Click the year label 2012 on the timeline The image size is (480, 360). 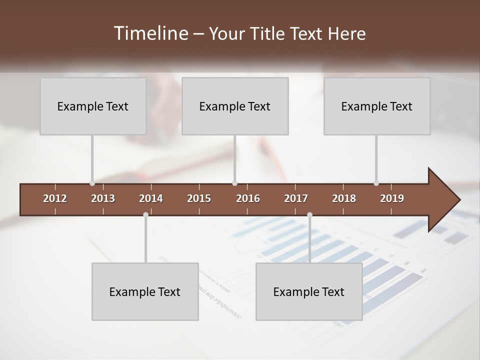tap(55, 198)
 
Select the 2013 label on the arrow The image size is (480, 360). tap(103, 198)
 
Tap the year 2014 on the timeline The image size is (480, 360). tap(151, 198)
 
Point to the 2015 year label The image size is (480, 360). tap(199, 198)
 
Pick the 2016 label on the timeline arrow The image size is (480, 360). tap(248, 198)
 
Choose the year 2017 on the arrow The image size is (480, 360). tap(296, 198)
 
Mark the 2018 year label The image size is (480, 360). tap(344, 198)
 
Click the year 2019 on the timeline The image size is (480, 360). tap(392, 198)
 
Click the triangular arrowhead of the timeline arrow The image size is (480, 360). tap(443, 200)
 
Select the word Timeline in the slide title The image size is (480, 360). tap(149, 33)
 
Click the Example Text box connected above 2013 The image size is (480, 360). tap(93, 106)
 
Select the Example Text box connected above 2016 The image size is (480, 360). tap(235, 106)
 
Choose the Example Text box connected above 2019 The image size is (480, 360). tap(377, 106)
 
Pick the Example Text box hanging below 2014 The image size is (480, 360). tap(145, 291)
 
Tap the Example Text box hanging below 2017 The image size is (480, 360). tap(309, 291)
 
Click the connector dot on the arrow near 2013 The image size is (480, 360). tap(92, 183)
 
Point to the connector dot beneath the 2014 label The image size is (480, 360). tap(145, 215)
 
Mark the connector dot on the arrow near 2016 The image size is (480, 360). tap(235, 183)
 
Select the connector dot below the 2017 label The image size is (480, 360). tap(309, 215)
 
